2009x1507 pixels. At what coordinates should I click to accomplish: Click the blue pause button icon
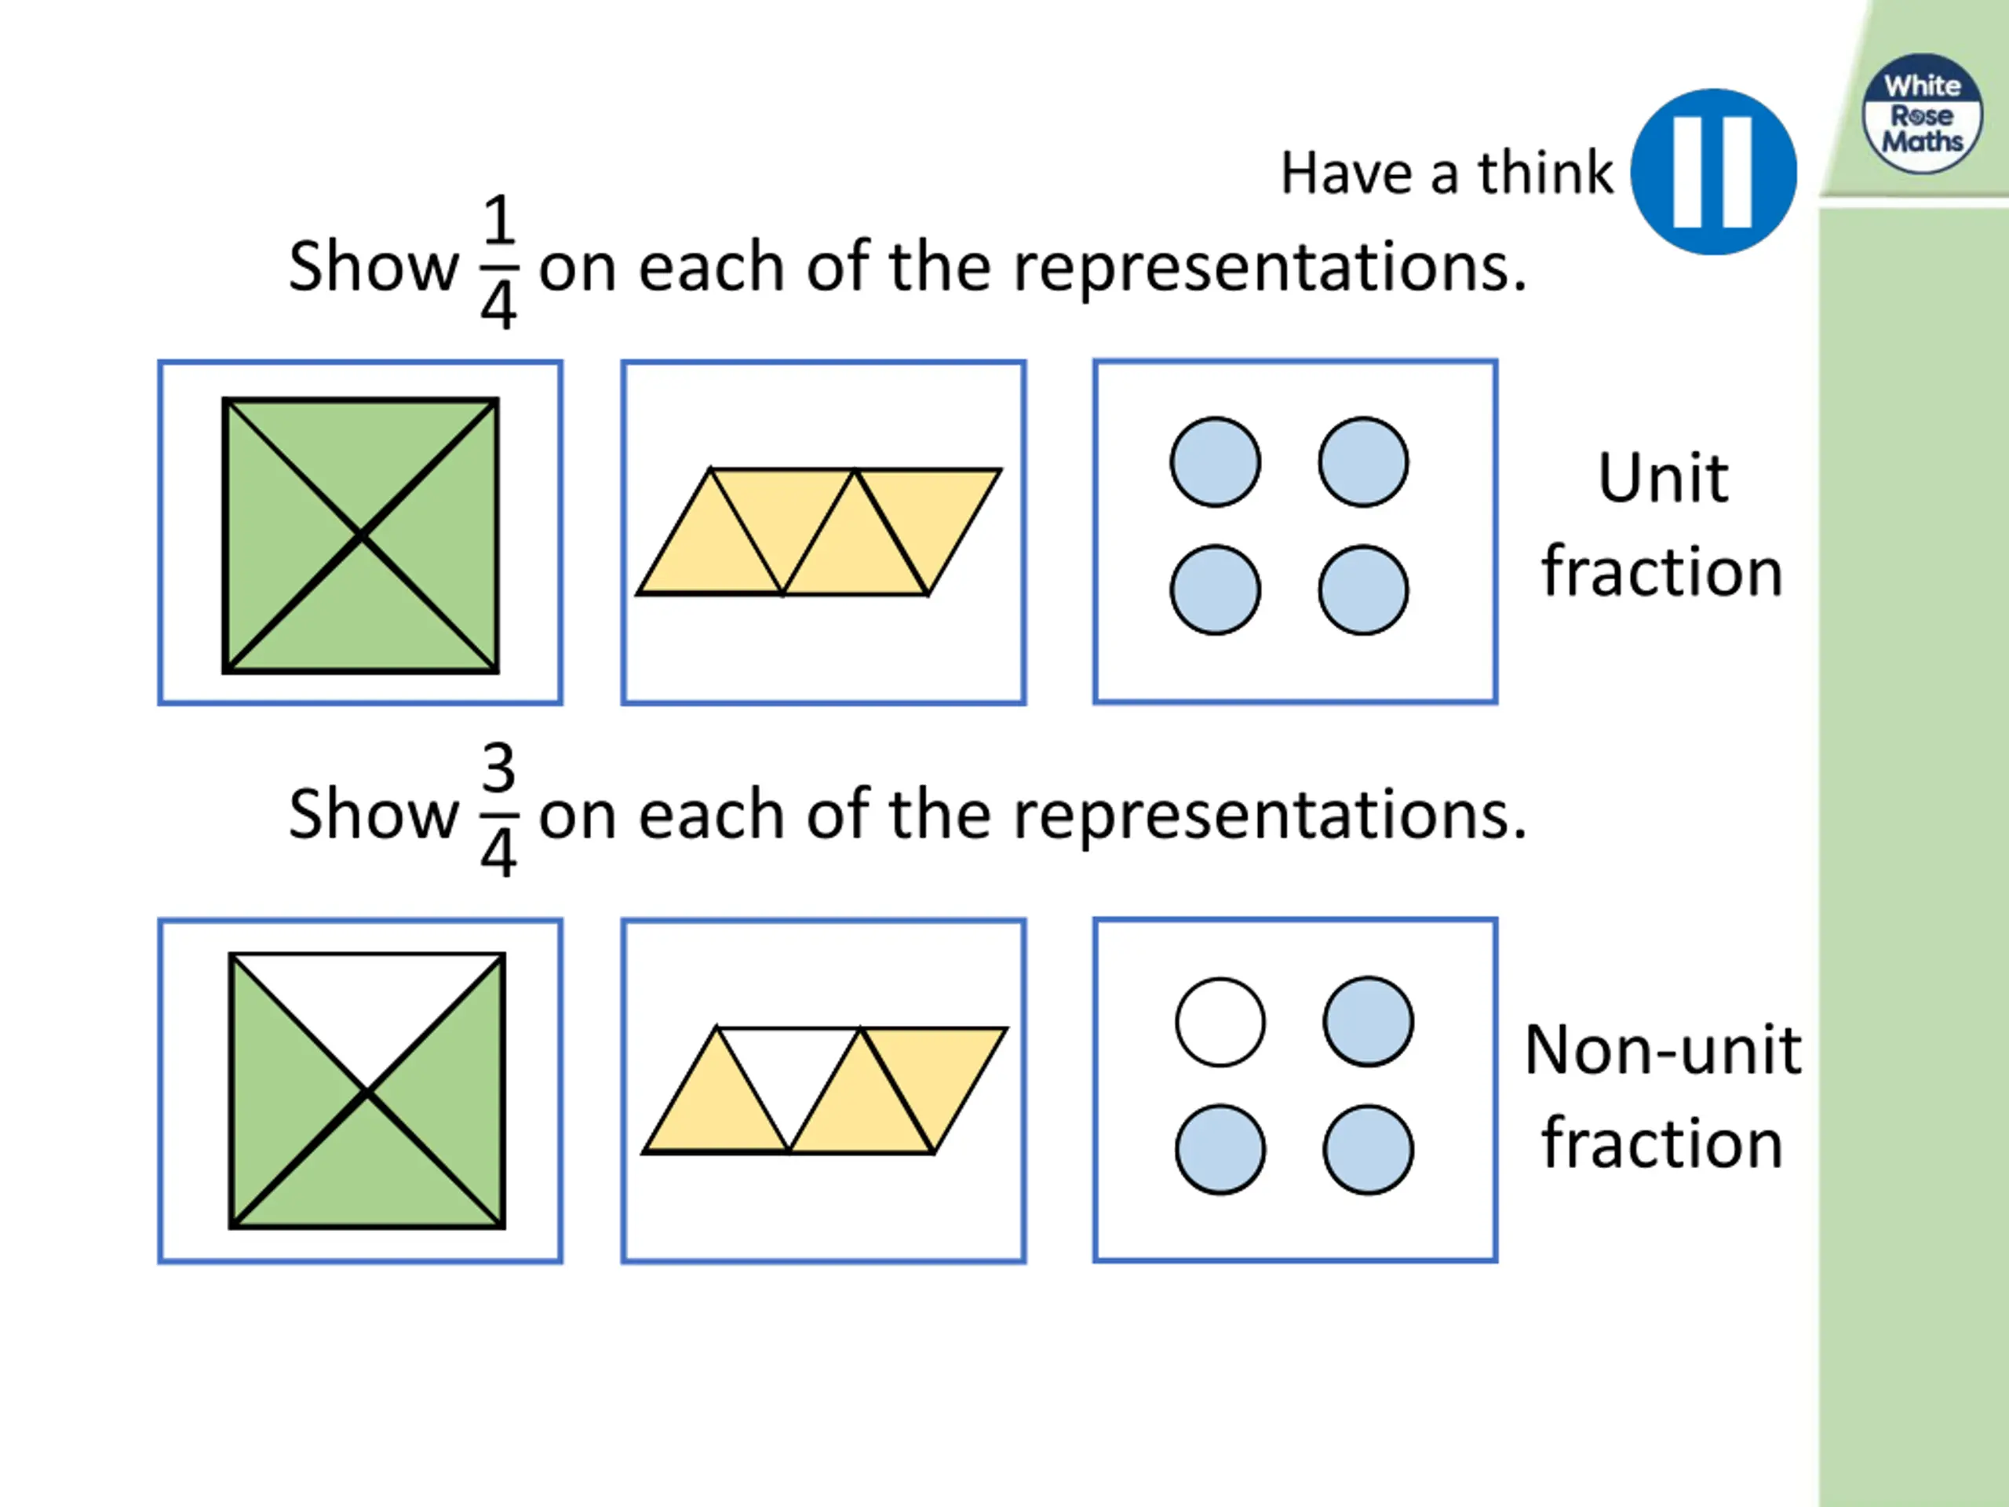pos(1713,172)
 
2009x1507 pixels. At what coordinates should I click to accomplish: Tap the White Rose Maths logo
pos(1922,114)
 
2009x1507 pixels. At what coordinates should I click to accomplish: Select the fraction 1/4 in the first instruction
pos(498,261)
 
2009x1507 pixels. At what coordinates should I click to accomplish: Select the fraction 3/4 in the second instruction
pos(498,809)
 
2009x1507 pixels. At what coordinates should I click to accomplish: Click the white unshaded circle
pos(1220,1022)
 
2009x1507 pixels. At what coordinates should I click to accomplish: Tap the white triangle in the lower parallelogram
pos(789,1072)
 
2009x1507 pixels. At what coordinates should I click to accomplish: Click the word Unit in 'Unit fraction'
pos(1662,478)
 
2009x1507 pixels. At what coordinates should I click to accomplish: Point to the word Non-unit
pos(1662,1050)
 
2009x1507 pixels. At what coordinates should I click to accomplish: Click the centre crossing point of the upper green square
pos(360,536)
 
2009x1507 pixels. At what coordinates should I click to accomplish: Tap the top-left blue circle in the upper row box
pos(1215,462)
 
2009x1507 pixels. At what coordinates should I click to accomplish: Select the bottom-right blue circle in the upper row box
pos(1363,589)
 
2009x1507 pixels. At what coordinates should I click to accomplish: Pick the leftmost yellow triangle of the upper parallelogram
pos(710,554)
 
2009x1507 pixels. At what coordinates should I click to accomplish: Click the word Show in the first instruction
pos(374,267)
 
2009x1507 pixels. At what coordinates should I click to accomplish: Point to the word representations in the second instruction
pos(1270,815)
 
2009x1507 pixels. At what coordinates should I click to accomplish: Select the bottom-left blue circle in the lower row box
pos(1220,1149)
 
